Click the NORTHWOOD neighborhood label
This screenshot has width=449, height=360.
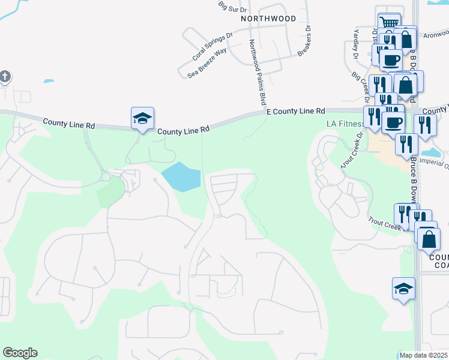click(x=268, y=19)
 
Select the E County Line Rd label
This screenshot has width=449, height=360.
click(x=295, y=112)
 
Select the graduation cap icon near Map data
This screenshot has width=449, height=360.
click(x=403, y=288)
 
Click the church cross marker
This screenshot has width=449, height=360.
click(x=5, y=77)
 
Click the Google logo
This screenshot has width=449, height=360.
click(x=20, y=353)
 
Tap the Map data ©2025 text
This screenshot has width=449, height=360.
click(x=424, y=356)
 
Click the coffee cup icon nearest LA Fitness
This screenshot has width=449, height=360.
click(x=393, y=122)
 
